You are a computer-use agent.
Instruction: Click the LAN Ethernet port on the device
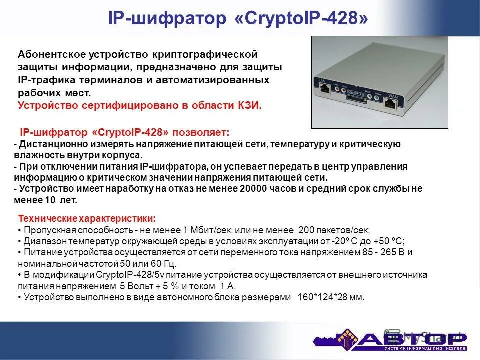point(326,89)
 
